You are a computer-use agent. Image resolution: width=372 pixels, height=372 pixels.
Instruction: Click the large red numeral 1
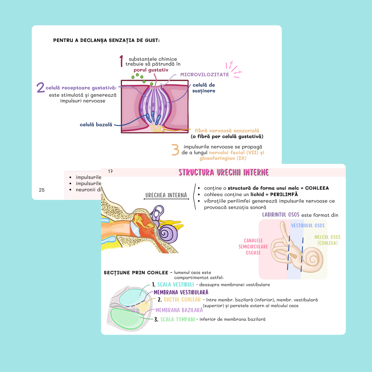121,61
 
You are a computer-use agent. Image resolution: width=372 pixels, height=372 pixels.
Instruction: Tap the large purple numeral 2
40,87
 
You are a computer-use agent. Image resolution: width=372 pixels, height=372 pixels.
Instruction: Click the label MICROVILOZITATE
204,74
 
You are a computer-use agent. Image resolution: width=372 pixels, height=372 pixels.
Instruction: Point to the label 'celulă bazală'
96,125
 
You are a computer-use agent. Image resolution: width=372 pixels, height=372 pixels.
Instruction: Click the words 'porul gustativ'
151,70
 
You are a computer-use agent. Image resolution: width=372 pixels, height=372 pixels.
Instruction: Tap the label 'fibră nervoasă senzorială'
227,131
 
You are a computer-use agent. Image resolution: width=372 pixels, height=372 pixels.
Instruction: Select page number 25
42,190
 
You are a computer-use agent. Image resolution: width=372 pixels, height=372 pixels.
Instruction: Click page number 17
110,171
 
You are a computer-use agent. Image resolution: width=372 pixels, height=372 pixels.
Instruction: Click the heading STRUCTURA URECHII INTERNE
223,172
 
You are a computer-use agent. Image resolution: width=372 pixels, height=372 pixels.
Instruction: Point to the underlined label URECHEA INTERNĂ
166,195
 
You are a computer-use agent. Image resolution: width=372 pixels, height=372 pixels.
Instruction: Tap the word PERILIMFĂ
284,194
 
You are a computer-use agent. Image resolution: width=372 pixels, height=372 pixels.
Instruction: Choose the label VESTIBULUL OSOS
308,226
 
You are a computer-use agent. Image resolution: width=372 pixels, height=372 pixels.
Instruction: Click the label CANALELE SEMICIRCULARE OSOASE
253,247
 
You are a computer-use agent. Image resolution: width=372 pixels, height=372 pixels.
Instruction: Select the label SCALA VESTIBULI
176,284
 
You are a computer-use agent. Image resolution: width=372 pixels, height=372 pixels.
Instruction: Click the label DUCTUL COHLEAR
182,300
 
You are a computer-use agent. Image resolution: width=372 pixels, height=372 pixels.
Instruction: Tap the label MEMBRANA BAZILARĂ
179,310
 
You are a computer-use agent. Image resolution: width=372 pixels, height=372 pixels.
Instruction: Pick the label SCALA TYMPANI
178,319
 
